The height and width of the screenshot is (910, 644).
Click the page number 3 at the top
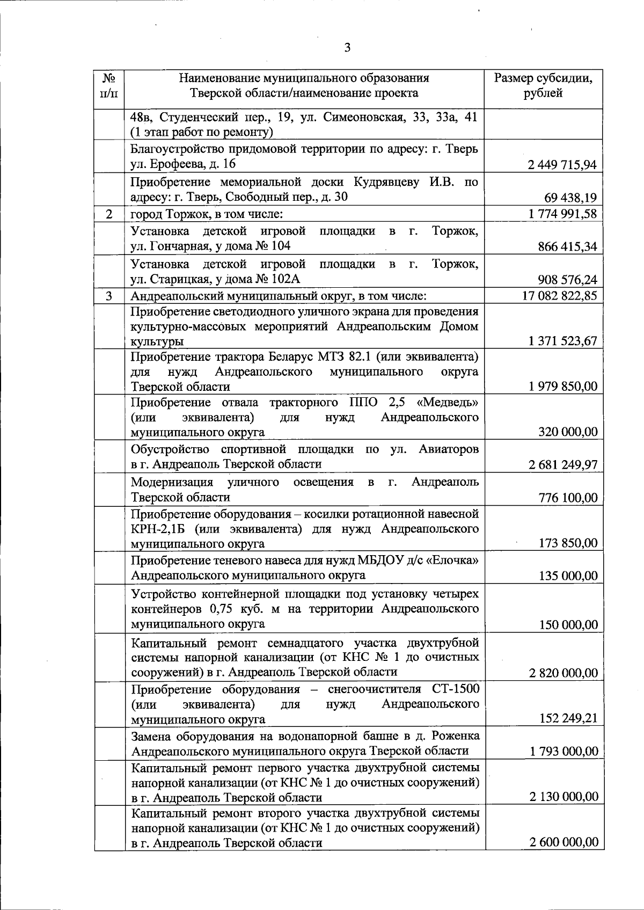tap(347, 48)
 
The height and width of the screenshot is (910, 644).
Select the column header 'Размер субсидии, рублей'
tap(543, 85)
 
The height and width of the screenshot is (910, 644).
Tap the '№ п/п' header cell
tap(109, 85)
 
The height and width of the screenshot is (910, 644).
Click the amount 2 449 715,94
tap(562, 165)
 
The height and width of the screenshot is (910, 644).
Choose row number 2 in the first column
tap(109, 214)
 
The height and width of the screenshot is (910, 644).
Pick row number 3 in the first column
tap(109, 296)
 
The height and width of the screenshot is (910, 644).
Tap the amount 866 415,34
tap(567, 247)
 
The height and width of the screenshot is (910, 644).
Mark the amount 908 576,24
tap(567, 280)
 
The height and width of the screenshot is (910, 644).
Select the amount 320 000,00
tap(568, 432)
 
